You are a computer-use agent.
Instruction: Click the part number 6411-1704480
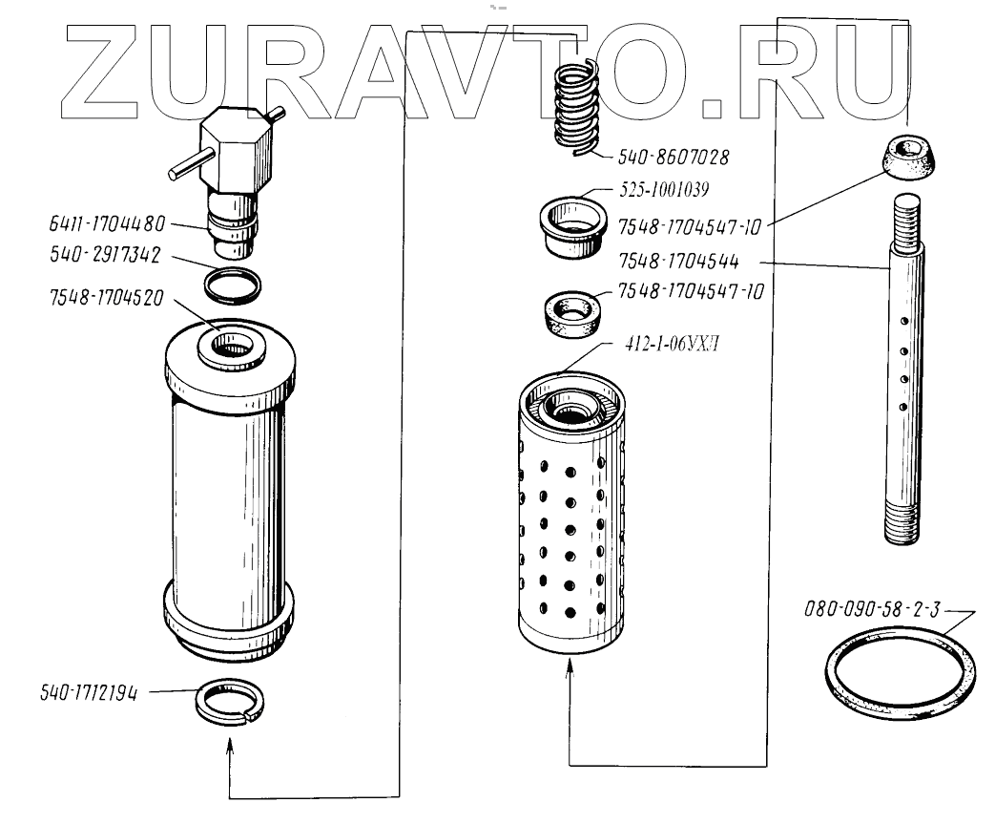106,225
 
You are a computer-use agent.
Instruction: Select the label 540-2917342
106,256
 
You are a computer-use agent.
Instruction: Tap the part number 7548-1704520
106,297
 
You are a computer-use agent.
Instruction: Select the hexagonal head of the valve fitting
236,150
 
